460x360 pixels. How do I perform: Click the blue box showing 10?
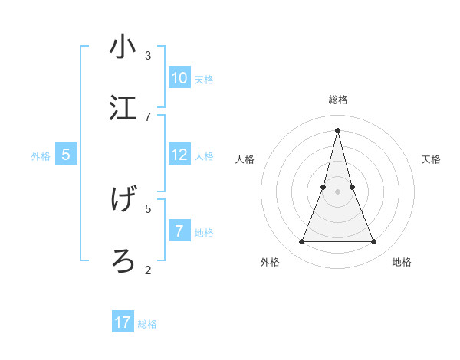[179, 78]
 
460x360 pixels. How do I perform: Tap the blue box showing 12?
[179, 155]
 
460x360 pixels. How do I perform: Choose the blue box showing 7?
[179, 231]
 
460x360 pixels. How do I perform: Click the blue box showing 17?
[123, 322]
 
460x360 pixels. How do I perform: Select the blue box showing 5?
[66, 155]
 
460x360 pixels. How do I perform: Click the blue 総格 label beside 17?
[147, 324]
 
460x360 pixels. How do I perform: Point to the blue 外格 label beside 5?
[41, 156]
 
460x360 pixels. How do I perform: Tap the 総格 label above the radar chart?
[337, 100]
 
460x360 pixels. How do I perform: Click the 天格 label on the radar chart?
[431, 159]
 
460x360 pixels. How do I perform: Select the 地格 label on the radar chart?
[402, 262]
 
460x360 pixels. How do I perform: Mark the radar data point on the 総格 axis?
[337, 130]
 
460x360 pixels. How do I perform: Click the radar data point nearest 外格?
[301, 242]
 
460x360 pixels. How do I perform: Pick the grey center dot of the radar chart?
[337, 191]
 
